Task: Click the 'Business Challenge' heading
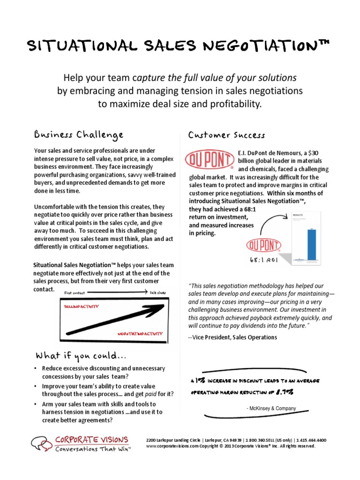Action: point(79,135)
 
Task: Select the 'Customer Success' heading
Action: point(226,135)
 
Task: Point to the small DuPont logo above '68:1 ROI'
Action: point(263,246)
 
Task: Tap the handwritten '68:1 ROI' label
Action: point(265,259)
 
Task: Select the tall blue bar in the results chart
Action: point(311,243)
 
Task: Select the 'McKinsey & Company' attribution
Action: point(271,409)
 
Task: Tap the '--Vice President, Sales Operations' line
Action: point(232,337)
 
